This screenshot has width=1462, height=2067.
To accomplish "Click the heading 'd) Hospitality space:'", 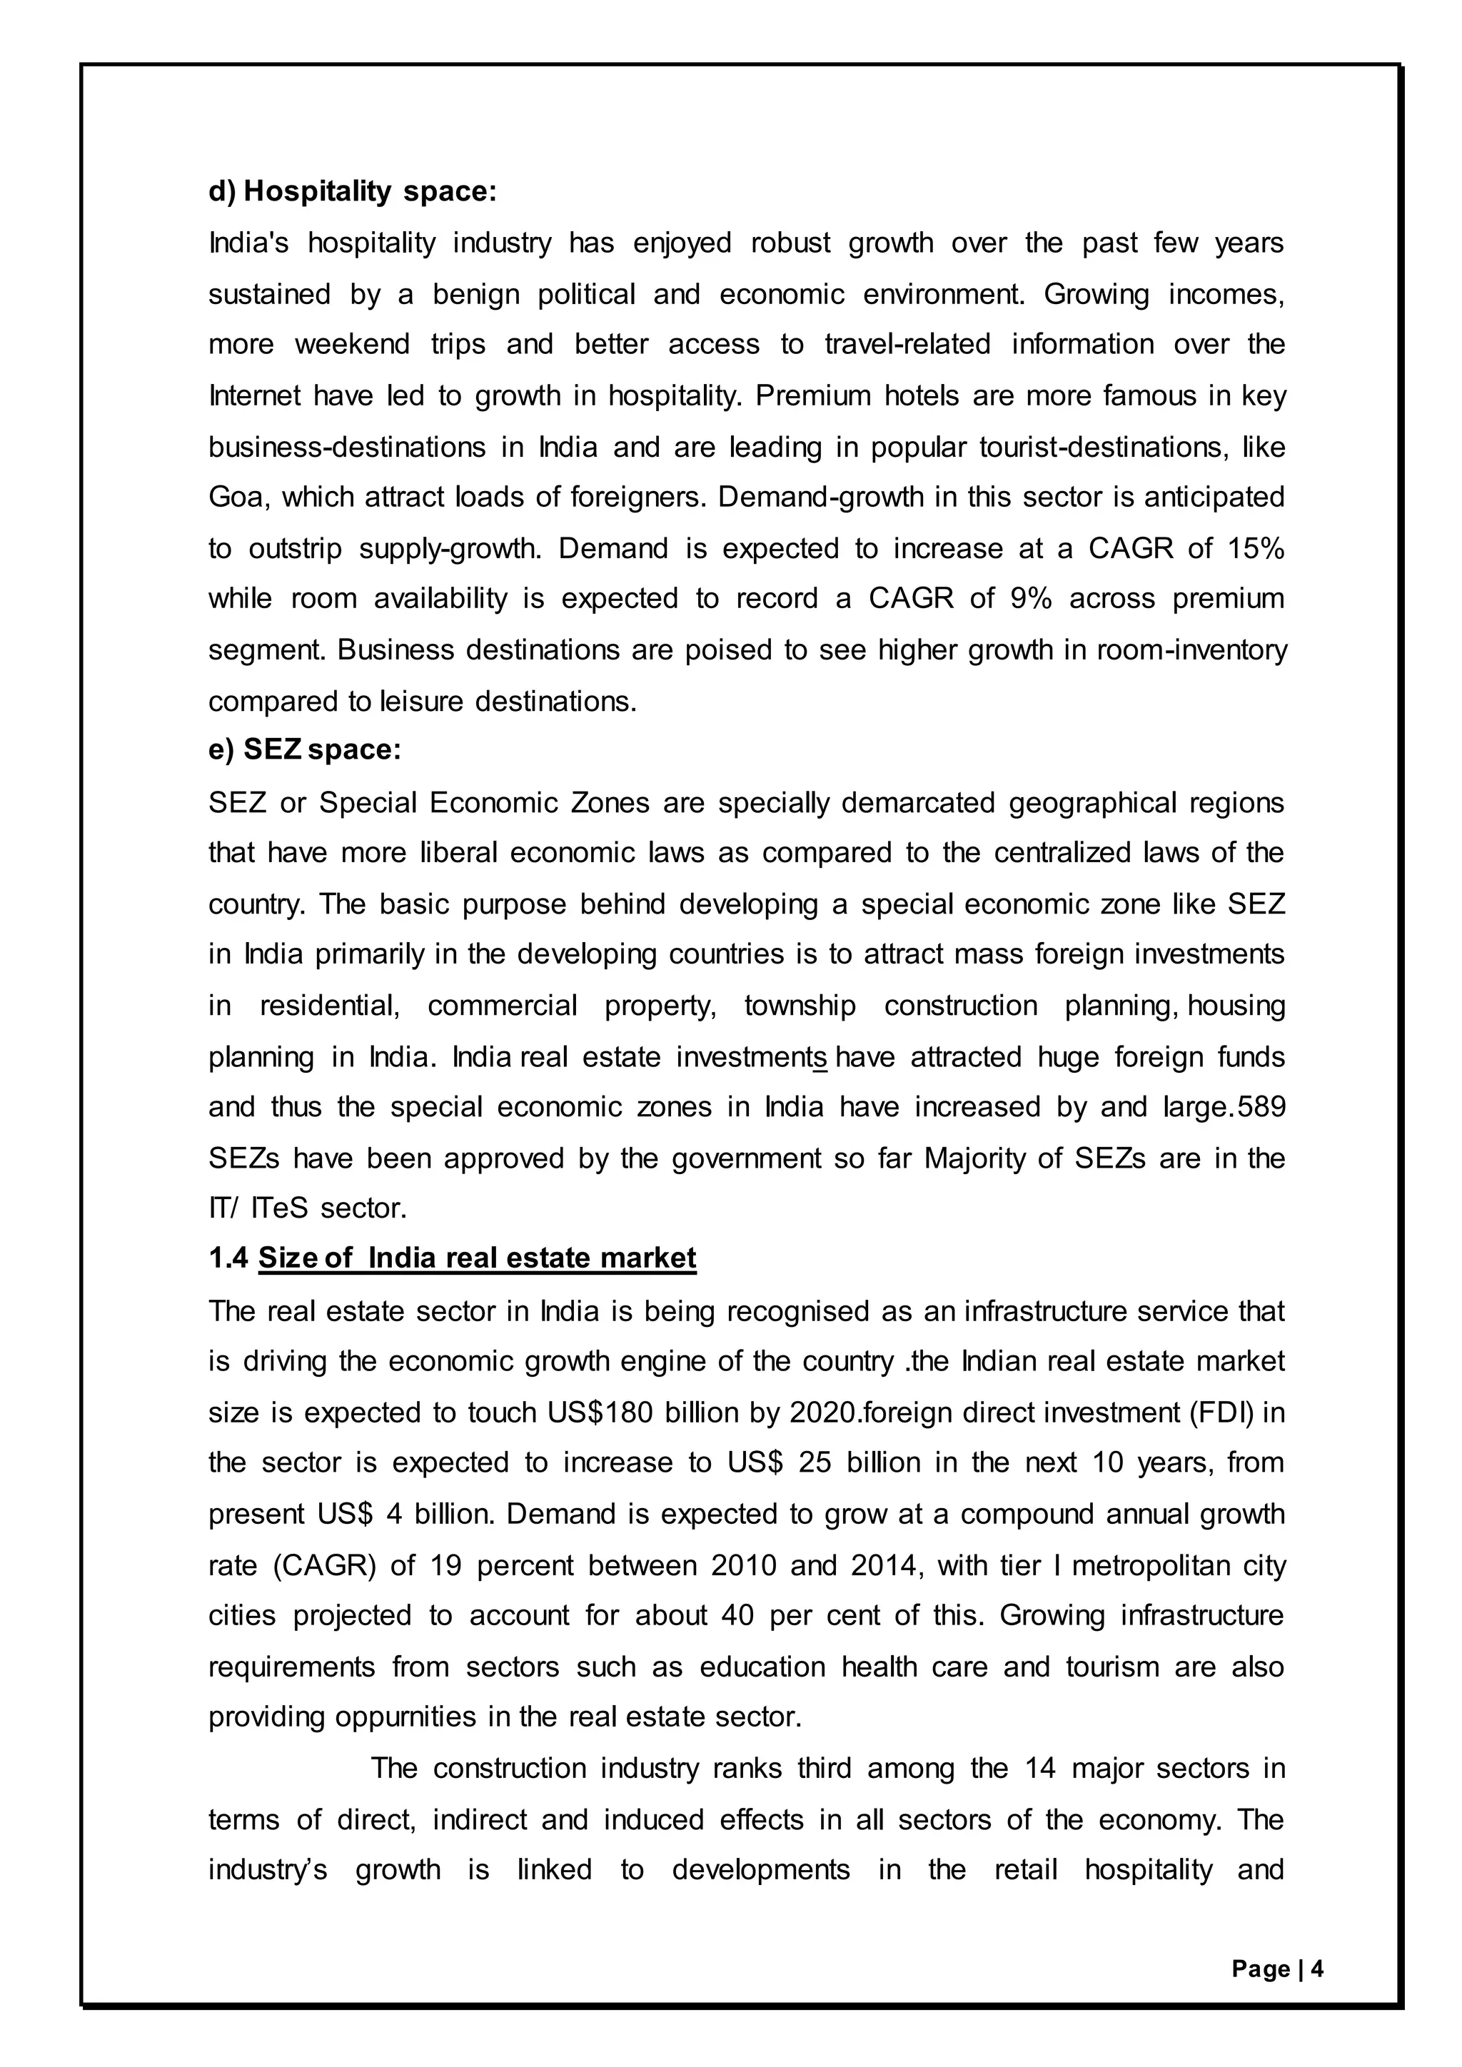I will [352, 192].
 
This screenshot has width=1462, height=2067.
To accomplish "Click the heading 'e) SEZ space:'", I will [304, 750].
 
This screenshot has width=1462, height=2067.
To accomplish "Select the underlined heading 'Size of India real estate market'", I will [477, 1258].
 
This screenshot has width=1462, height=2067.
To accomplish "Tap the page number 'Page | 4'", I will [1277, 1969].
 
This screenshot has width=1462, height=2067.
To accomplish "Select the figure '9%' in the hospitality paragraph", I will [1031, 599].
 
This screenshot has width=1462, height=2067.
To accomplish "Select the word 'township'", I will [800, 1006].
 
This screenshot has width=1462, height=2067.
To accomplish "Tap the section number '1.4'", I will [228, 1258].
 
